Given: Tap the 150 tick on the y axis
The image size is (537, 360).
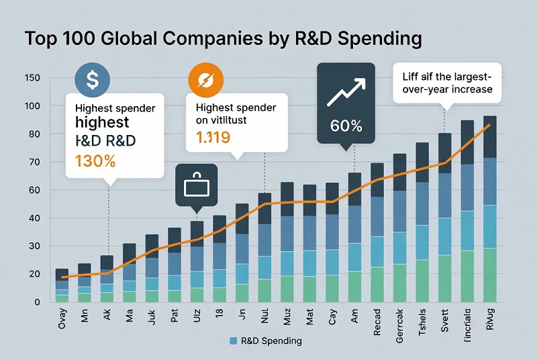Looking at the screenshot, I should (x=32, y=79).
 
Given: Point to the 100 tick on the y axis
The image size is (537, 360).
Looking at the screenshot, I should (x=32, y=107).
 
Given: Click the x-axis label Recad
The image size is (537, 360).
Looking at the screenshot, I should (x=377, y=321).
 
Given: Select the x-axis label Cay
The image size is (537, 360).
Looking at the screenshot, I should (x=332, y=321).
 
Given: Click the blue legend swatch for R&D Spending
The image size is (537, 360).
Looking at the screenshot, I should (x=234, y=341).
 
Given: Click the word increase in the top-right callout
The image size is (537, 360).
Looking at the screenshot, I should (x=471, y=89).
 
